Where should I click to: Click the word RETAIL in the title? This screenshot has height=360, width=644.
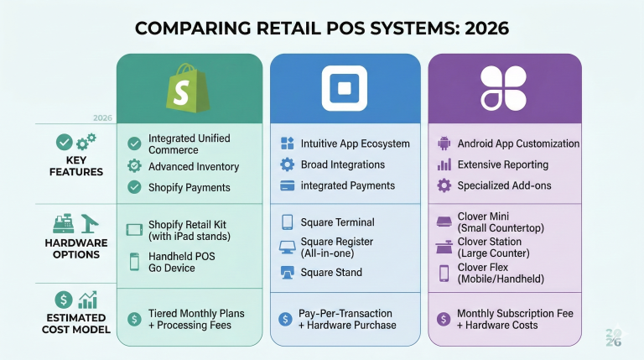[x=281, y=29]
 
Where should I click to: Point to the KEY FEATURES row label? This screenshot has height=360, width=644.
[x=75, y=165]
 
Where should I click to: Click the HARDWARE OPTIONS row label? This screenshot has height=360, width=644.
[x=75, y=248]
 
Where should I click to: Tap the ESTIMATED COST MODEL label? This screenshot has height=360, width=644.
[x=75, y=324]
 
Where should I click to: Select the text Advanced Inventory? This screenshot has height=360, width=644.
[x=194, y=166]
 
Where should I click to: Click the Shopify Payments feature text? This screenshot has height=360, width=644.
[x=189, y=187]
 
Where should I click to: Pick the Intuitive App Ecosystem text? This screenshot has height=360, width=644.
[x=356, y=143]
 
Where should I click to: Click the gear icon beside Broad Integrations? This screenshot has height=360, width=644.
[x=287, y=164]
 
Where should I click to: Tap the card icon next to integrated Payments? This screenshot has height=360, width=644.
[x=287, y=185]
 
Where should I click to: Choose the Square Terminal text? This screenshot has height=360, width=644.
[x=337, y=222]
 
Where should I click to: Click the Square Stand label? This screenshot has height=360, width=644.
[x=331, y=272]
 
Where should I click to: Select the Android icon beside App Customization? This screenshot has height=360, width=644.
[x=444, y=143]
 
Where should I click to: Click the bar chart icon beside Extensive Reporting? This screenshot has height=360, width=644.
[x=444, y=164]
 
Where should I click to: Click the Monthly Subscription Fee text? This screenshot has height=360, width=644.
[x=515, y=313]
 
